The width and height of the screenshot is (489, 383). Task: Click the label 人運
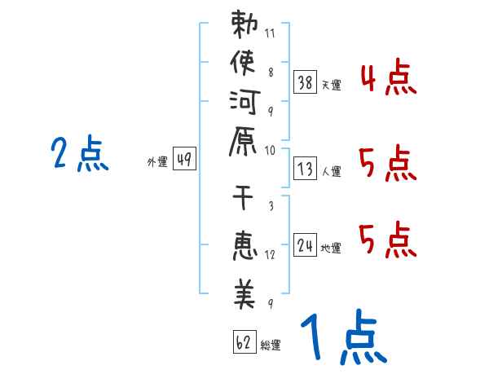coord(331,170)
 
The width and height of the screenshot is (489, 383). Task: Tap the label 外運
coord(157,162)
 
